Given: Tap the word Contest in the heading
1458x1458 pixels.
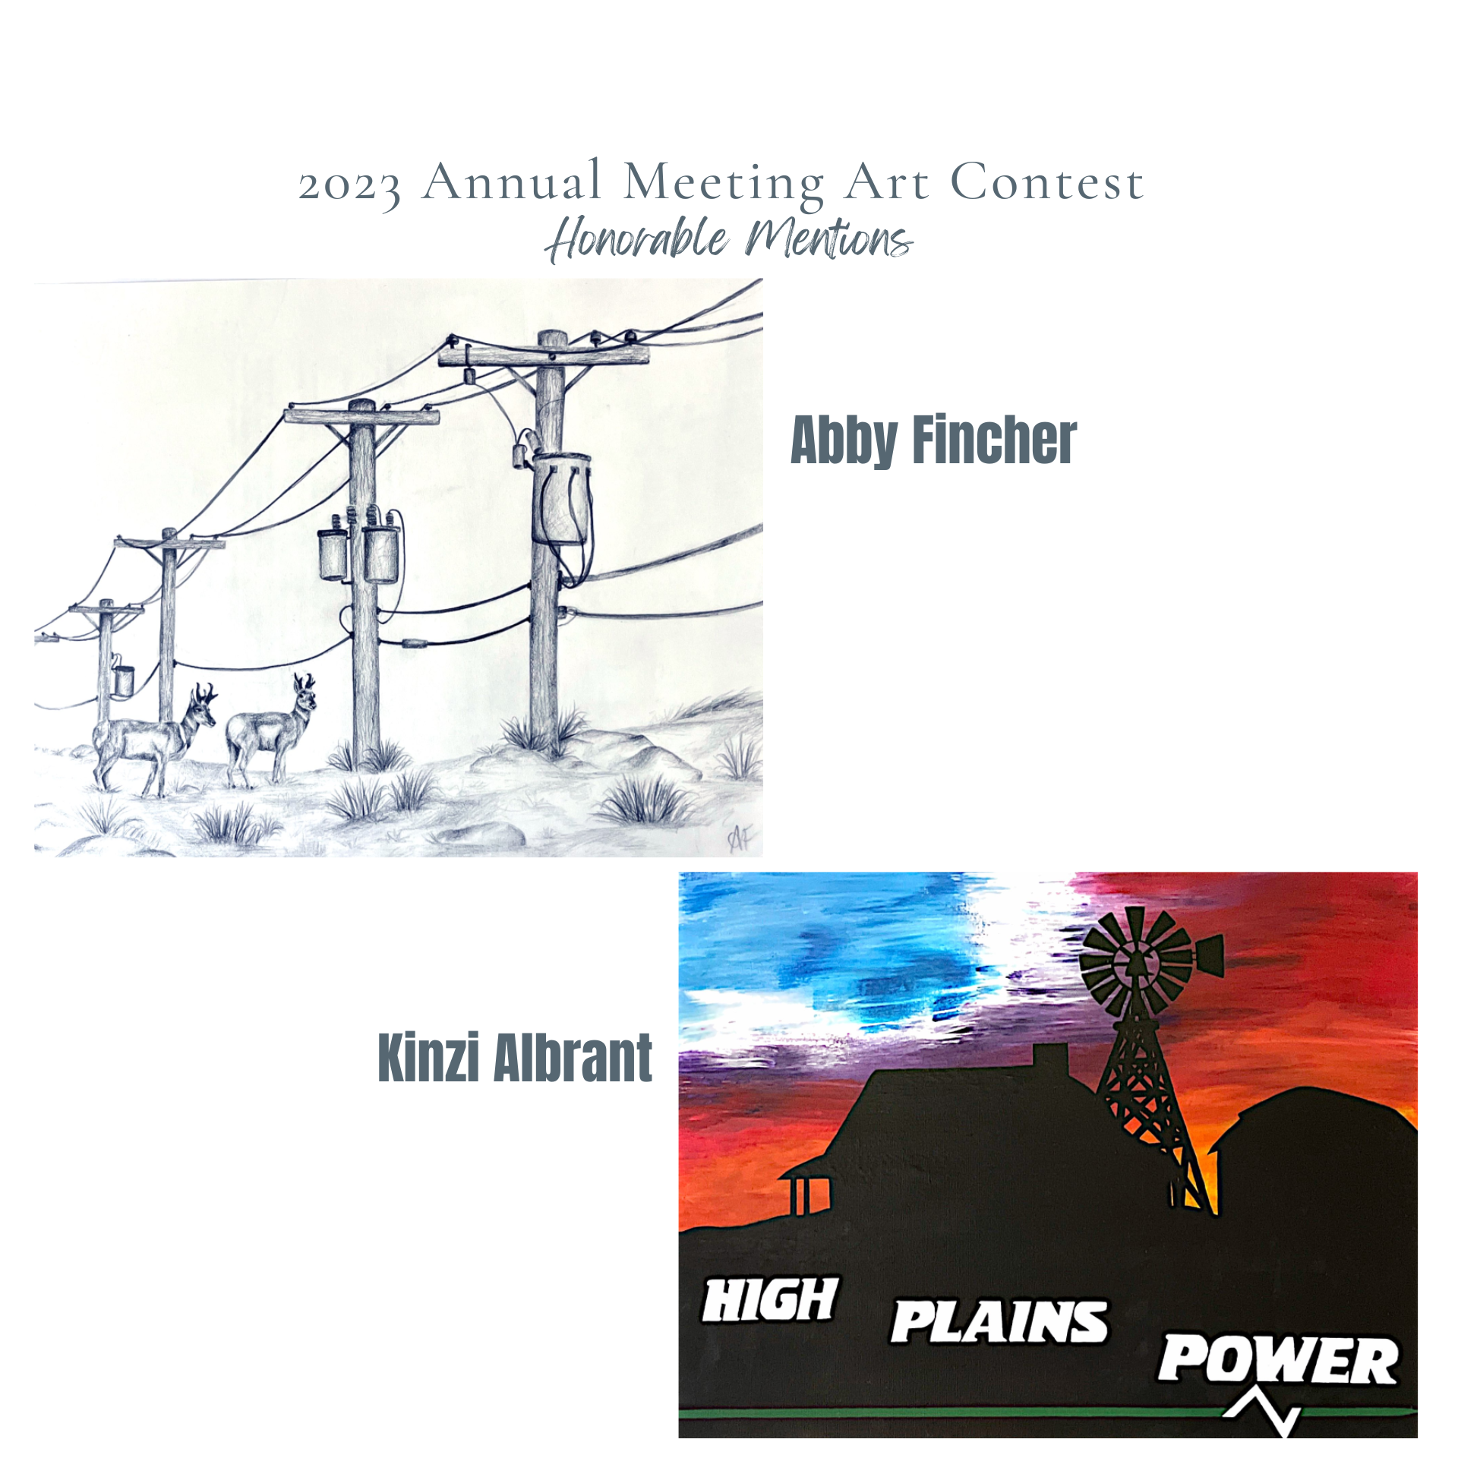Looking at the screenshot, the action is pyautogui.click(x=1047, y=181).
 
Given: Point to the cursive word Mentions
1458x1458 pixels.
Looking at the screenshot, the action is pyautogui.click(x=828, y=238).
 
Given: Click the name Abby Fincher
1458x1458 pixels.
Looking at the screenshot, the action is pyautogui.click(x=933, y=440).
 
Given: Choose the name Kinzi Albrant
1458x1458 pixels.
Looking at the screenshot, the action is pyautogui.click(x=515, y=1057).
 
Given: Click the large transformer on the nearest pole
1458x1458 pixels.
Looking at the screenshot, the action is pyautogui.click(x=562, y=497).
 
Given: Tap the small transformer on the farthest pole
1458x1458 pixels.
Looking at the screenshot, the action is pyautogui.click(x=122, y=680).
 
